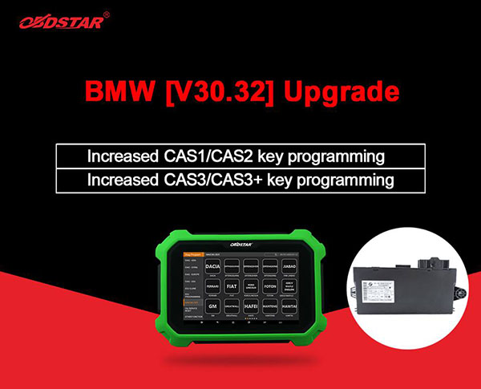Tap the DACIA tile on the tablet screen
pos(212,265)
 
